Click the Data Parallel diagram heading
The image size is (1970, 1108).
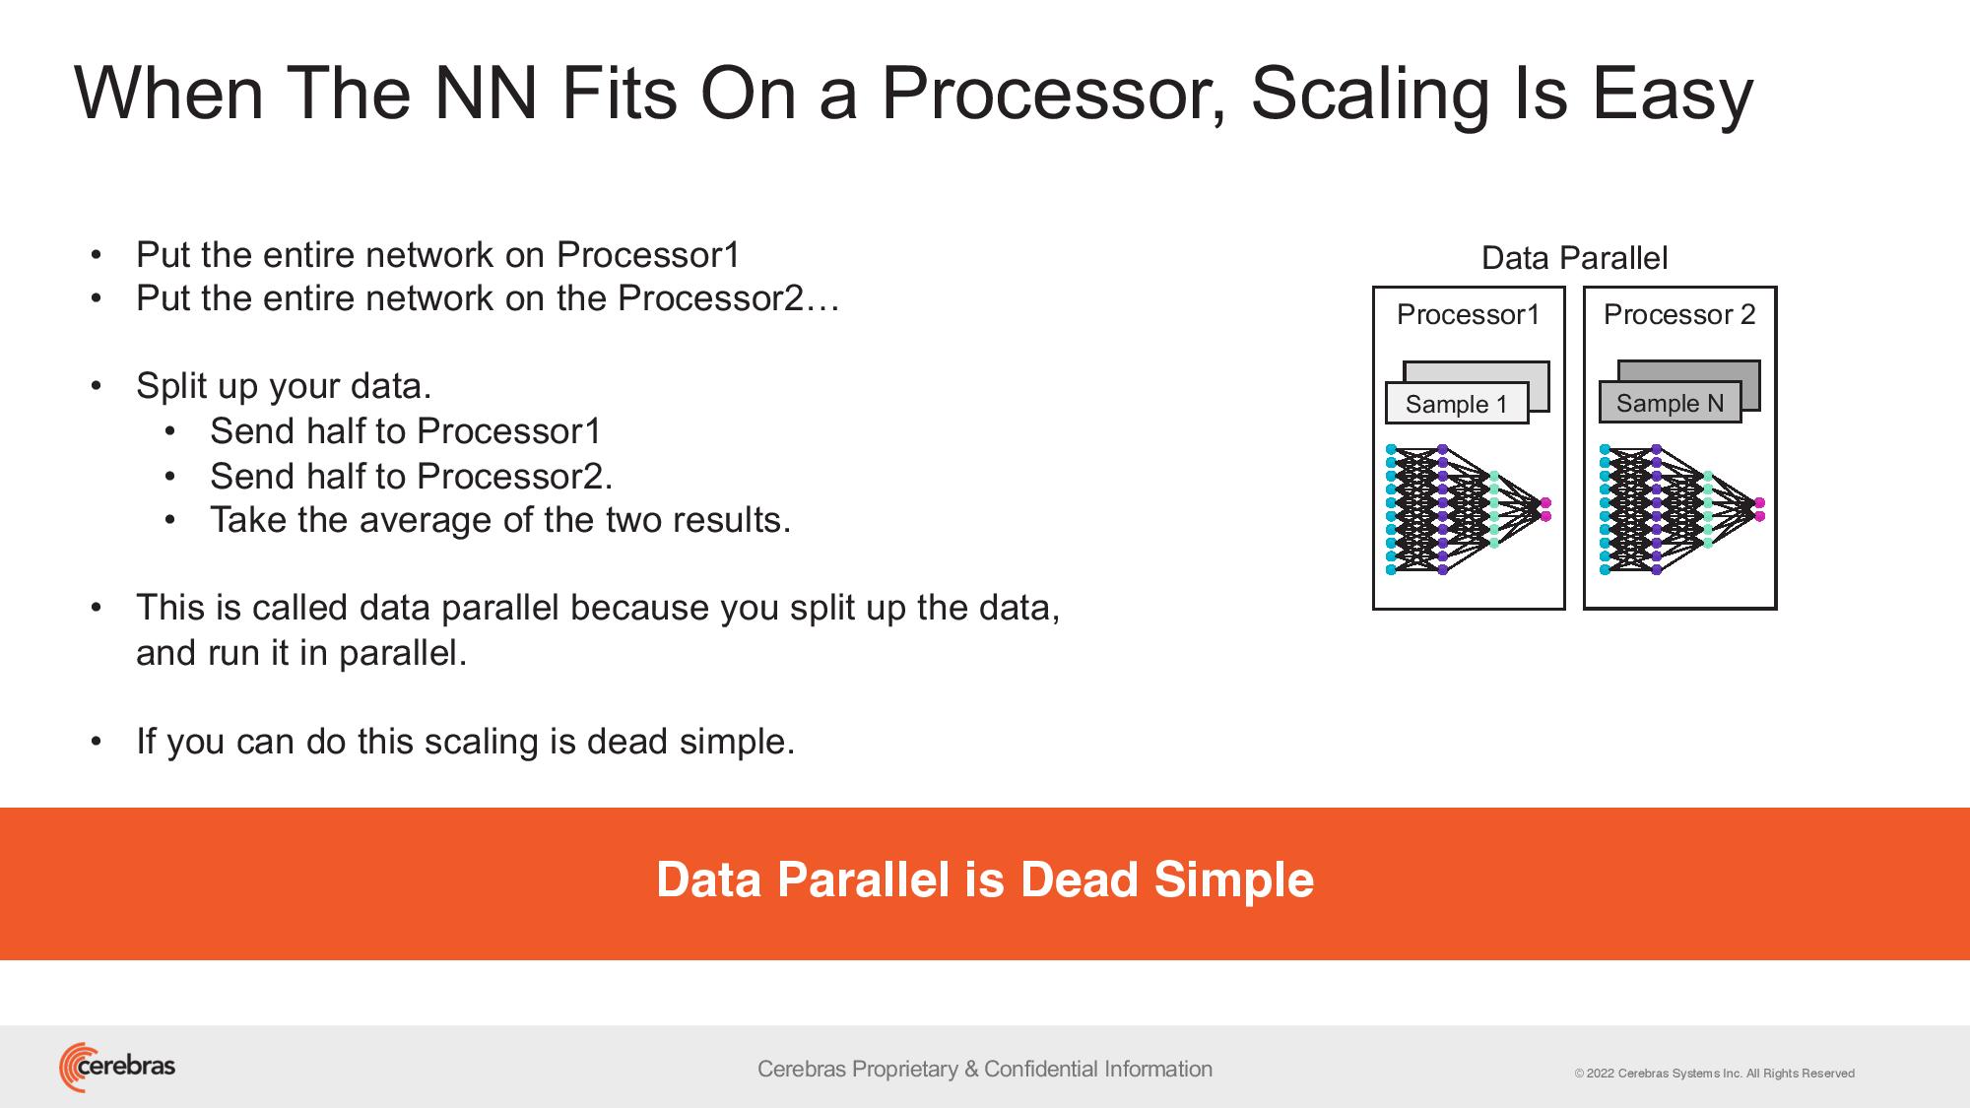click(1574, 258)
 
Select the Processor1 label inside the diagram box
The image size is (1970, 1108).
click(1468, 314)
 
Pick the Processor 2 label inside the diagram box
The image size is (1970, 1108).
click(1679, 314)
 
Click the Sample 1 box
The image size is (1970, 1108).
click(1457, 403)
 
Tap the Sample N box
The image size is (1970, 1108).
click(1670, 403)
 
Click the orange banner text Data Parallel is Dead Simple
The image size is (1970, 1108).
click(985, 880)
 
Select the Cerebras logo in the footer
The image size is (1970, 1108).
click(117, 1067)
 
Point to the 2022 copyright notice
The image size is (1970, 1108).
click(1714, 1074)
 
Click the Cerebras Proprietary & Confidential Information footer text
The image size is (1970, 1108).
click(985, 1069)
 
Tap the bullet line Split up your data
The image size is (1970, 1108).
click(284, 386)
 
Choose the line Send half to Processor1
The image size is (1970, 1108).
click(405, 430)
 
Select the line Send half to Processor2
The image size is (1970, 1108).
click(411, 476)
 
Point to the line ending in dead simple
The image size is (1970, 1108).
click(465, 742)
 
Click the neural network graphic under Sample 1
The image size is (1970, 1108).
click(1468, 509)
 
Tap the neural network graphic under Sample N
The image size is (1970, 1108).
click(1681, 509)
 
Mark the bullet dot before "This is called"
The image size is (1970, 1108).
click(96, 608)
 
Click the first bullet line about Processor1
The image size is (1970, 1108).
click(437, 255)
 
